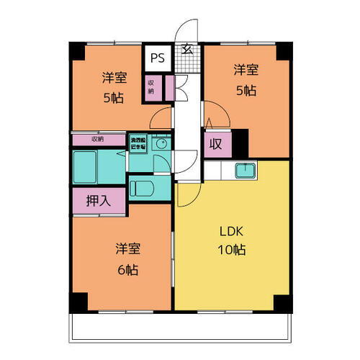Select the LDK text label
233,232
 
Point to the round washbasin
161,144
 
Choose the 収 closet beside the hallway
215,144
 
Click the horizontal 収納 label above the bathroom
98,138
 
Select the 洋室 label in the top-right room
244,70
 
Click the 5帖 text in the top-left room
112,97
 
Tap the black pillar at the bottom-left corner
77,302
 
